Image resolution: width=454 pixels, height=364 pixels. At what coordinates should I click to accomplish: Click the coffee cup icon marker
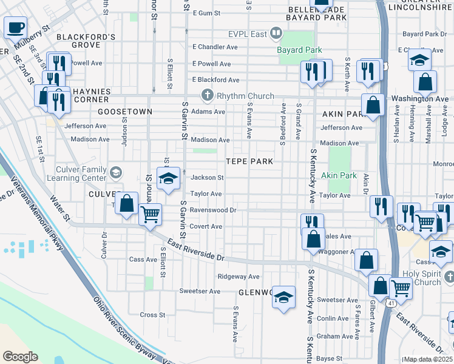(15, 27)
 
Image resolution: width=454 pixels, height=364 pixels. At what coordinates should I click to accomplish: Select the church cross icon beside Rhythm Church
(207, 96)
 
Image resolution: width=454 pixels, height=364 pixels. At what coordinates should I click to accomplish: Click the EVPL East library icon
(276, 33)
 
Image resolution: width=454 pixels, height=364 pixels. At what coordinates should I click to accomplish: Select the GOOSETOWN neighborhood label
(124, 112)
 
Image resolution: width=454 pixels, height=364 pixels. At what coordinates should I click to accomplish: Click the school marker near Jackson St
(168, 178)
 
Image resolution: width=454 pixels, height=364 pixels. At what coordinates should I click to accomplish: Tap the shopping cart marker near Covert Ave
(150, 214)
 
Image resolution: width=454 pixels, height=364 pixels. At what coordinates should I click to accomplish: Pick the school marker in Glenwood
(283, 297)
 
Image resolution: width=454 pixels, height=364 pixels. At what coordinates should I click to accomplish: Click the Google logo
(20, 356)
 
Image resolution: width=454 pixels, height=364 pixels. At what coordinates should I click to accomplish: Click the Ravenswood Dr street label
(212, 211)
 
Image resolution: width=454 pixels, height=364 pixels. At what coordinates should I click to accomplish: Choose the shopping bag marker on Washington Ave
(374, 105)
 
